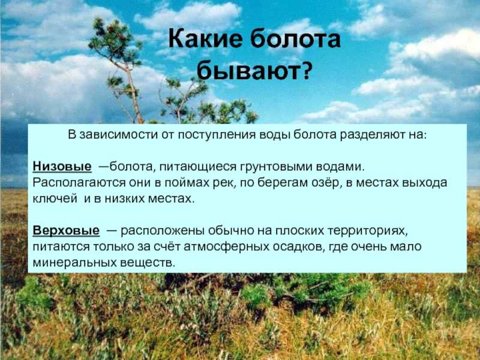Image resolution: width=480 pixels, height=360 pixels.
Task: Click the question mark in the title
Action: pos(305,70)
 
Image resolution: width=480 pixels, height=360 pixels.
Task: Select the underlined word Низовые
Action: pos(62,166)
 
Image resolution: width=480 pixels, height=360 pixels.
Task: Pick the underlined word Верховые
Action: pos(66,230)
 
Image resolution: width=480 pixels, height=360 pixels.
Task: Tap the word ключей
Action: pos(55,199)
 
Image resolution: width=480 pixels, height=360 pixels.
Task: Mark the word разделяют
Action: pos(372,135)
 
